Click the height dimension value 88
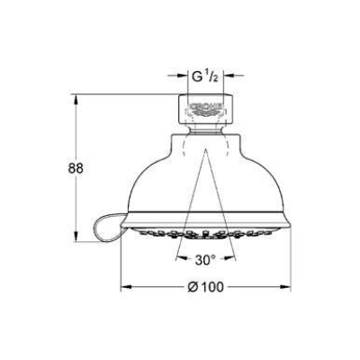(x=76, y=168)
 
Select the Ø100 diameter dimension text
(x=205, y=287)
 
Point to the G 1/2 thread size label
(x=205, y=77)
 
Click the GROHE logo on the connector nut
(x=206, y=106)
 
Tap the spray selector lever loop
(x=107, y=224)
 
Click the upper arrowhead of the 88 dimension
(x=76, y=100)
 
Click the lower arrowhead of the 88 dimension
(x=76, y=237)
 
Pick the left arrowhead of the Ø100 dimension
(x=126, y=287)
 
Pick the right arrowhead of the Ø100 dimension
(x=285, y=287)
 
